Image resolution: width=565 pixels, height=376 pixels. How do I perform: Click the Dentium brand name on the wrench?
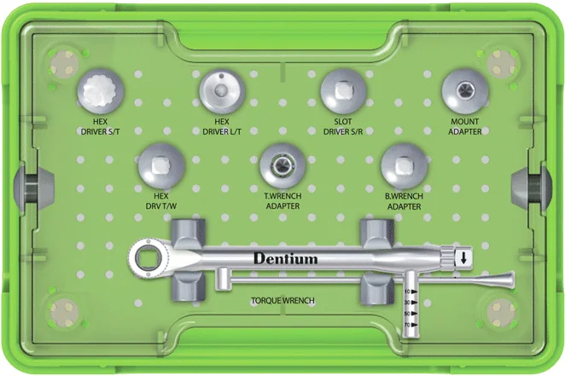point(285,258)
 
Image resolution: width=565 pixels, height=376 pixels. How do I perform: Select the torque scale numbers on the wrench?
point(411,309)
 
